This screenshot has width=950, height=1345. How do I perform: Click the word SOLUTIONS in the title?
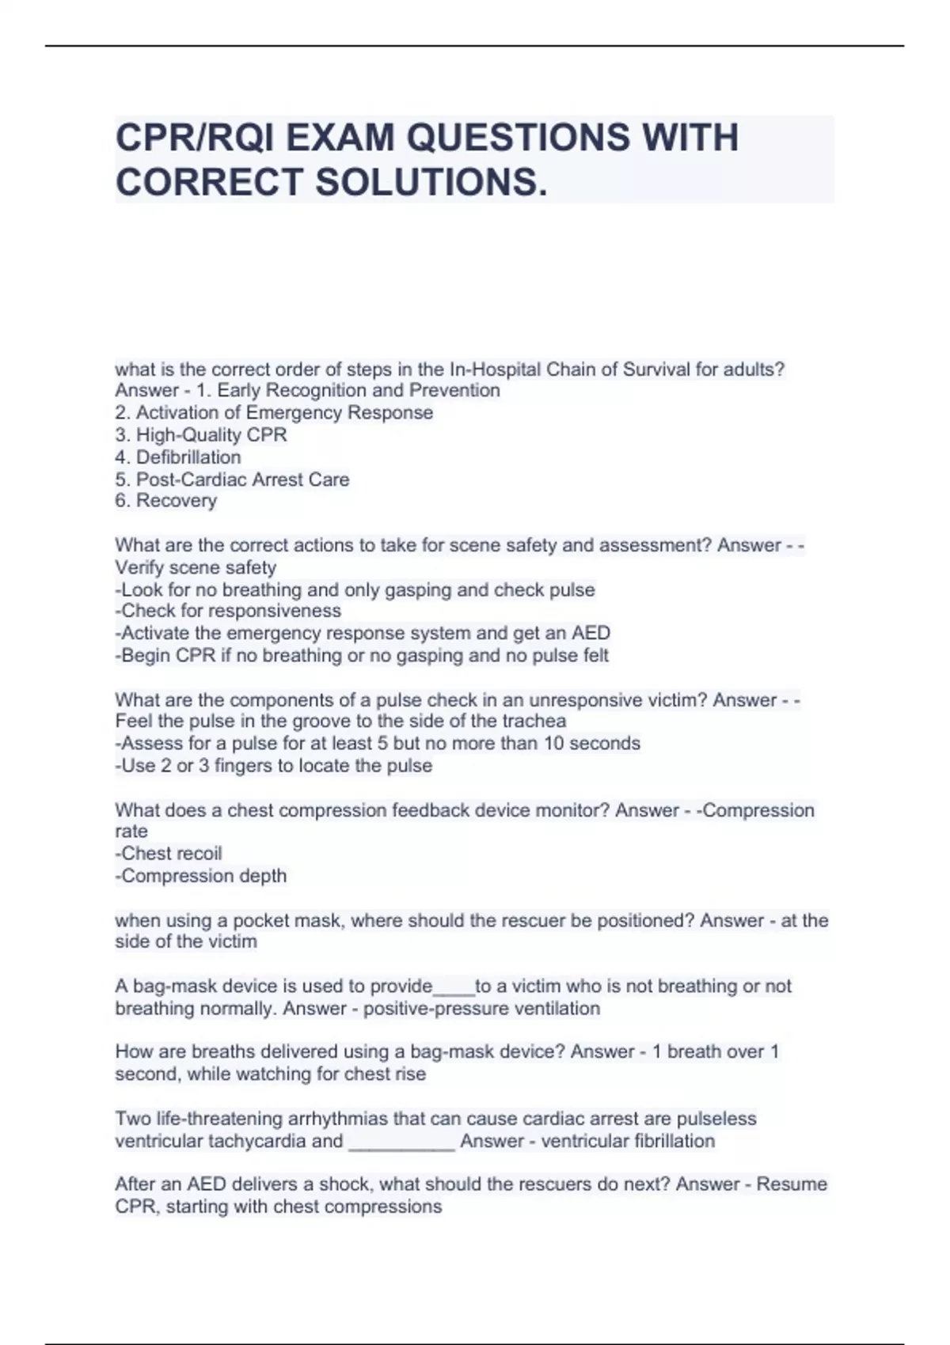click(x=431, y=182)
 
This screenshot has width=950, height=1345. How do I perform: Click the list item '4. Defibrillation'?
click(x=178, y=457)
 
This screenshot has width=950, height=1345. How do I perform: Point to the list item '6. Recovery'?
click(x=166, y=501)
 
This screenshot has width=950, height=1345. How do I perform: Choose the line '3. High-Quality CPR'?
click(x=201, y=435)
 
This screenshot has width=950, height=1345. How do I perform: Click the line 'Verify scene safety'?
click(x=196, y=568)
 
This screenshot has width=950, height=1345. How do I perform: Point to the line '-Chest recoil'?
click(x=169, y=854)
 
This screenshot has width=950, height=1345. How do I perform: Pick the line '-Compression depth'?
click(x=201, y=876)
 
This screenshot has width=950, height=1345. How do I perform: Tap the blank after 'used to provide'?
click(x=454, y=987)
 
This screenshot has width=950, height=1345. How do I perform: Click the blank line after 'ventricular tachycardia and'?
click(x=401, y=1142)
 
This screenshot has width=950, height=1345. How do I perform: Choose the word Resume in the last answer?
click(x=792, y=1184)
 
